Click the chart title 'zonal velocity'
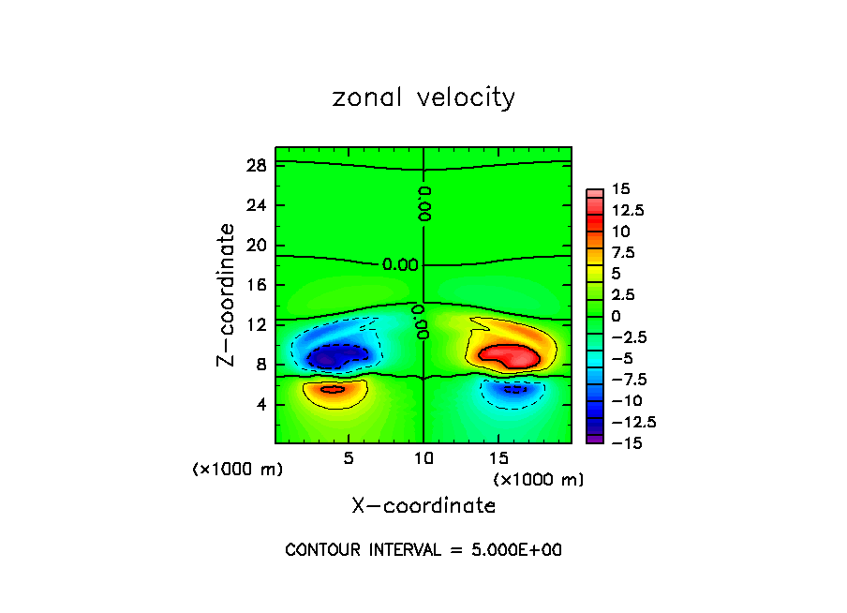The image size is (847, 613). pos(423,97)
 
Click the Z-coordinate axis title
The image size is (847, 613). pos(227,294)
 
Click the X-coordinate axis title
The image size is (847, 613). pos(423,506)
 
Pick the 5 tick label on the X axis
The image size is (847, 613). pos(349,459)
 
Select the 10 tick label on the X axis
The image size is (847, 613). pos(423,459)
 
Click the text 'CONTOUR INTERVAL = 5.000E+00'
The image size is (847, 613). pos(423,550)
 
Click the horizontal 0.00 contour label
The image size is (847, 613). pos(400,264)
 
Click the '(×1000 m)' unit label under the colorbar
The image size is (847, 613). pos(539,480)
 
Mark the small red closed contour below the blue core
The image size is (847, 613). pos(333,389)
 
